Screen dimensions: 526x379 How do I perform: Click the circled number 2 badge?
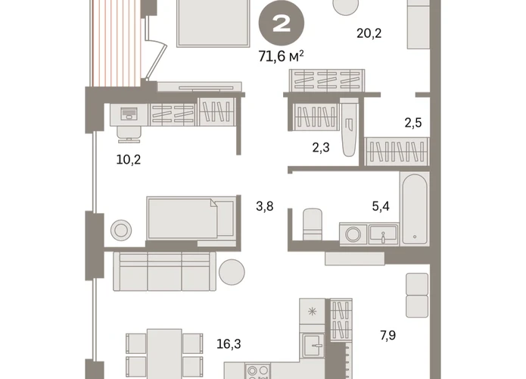click(x=281, y=23)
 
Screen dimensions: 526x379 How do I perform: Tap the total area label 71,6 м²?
click(x=281, y=56)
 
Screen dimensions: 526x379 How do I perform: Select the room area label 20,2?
click(x=369, y=33)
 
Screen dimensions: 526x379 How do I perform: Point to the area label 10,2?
click(x=129, y=159)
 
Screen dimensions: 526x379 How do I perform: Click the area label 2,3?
click(x=321, y=147)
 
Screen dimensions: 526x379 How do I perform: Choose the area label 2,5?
click(x=413, y=123)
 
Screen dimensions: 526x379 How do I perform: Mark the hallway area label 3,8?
click(x=265, y=206)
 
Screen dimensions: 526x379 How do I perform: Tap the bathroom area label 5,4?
click(x=381, y=206)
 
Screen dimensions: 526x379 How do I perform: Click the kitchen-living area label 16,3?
click(x=229, y=344)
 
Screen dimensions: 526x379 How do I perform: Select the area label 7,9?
click(x=387, y=335)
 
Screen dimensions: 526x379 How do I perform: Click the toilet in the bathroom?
click(x=313, y=224)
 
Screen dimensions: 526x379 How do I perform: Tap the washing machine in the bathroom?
click(x=353, y=234)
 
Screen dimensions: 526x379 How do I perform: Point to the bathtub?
click(x=415, y=208)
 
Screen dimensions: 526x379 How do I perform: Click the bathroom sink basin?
click(x=383, y=234)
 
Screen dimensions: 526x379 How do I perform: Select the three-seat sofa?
click(x=165, y=271)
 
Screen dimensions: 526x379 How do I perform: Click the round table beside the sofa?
click(x=232, y=272)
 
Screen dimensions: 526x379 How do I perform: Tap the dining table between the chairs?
click(x=164, y=352)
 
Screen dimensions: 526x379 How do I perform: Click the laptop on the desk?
click(x=129, y=114)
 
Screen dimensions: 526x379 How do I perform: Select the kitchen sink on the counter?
click(x=313, y=345)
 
